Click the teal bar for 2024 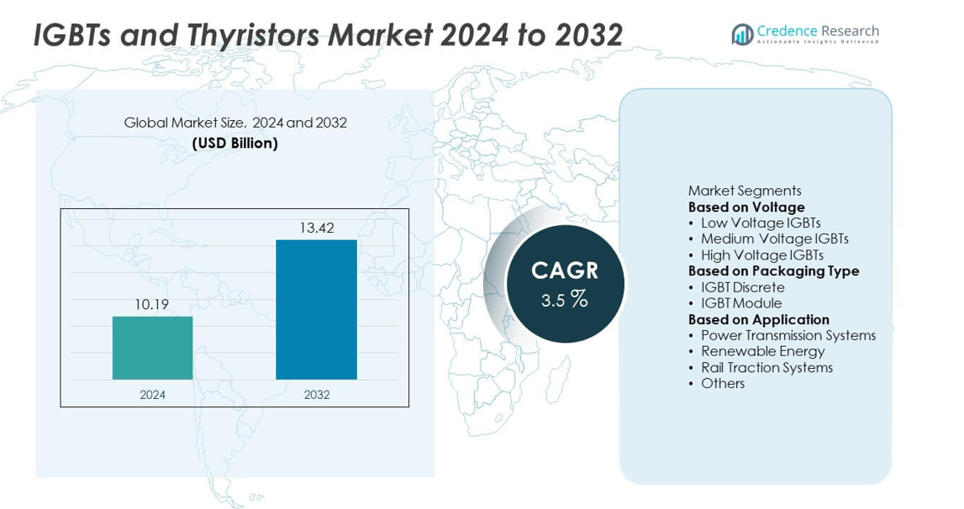pos(152,348)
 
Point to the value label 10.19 pos(152,304)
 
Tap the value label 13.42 pos(316,228)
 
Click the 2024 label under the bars pos(152,394)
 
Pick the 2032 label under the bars pos(316,394)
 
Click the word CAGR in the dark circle pos(565,270)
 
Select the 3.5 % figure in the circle pos(565,298)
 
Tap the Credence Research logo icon pos(742,34)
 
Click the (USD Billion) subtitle pos(235,143)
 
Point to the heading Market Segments pos(745,191)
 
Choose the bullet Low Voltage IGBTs pos(761,223)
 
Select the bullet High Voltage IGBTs pos(761,254)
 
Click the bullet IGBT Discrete pos(742,287)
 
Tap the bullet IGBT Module pos(741,303)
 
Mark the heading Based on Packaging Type pos(773,270)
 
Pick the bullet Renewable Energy pos(762,351)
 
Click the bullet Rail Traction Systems pos(766,367)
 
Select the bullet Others pos(723,383)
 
